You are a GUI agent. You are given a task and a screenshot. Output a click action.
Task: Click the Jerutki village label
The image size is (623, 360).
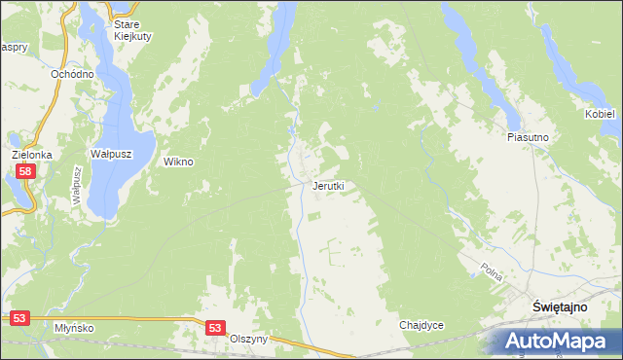328,185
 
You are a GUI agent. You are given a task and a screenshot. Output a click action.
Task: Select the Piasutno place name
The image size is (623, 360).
529,138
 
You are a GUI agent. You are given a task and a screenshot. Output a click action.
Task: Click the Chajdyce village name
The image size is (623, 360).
421,325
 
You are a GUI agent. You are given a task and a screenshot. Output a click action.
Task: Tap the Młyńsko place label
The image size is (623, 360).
74,328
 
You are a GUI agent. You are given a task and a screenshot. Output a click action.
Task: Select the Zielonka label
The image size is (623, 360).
31,155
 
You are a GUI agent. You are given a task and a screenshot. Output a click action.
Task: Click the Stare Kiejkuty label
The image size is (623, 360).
126,30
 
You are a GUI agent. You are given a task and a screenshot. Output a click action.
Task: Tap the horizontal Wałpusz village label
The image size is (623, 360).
111,154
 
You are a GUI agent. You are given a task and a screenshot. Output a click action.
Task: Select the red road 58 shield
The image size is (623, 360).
26,171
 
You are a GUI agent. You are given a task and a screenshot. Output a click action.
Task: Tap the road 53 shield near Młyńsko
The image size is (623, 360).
20,317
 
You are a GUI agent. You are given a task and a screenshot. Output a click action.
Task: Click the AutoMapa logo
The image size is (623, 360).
556,341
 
